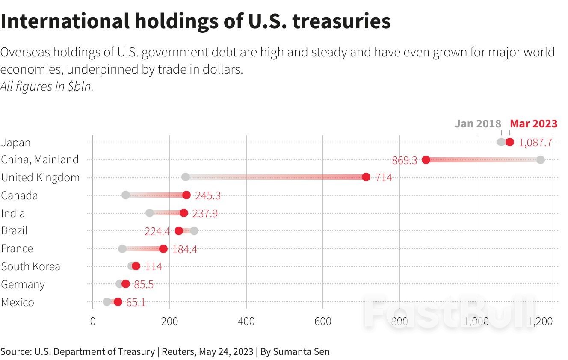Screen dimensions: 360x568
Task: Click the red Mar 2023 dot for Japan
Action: pos(509,142)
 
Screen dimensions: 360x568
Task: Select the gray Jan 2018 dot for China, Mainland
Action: pos(540,160)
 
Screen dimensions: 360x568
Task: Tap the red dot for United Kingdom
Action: pos(366,177)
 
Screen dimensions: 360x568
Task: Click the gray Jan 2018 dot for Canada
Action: pos(126,195)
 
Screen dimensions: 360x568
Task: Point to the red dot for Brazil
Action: pos(179,231)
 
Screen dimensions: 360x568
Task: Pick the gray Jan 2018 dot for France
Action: pos(122,249)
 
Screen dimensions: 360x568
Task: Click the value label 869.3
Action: pos(404,161)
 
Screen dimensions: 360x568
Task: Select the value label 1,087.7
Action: pos(535,143)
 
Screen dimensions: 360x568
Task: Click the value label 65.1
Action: pos(136,303)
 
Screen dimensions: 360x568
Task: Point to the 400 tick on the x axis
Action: pos(246,321)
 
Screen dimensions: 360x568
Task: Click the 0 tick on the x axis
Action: pos(93,321)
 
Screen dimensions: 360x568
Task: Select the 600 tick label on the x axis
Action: pos(323,321)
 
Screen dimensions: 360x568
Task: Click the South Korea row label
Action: pos(30,266)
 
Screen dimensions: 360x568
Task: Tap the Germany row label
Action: pos(23,284)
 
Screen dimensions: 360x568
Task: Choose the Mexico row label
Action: pos(18,302)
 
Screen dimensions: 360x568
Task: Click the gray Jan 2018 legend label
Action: pos(477,124)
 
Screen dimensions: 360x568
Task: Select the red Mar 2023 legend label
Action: pos(533,124)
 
